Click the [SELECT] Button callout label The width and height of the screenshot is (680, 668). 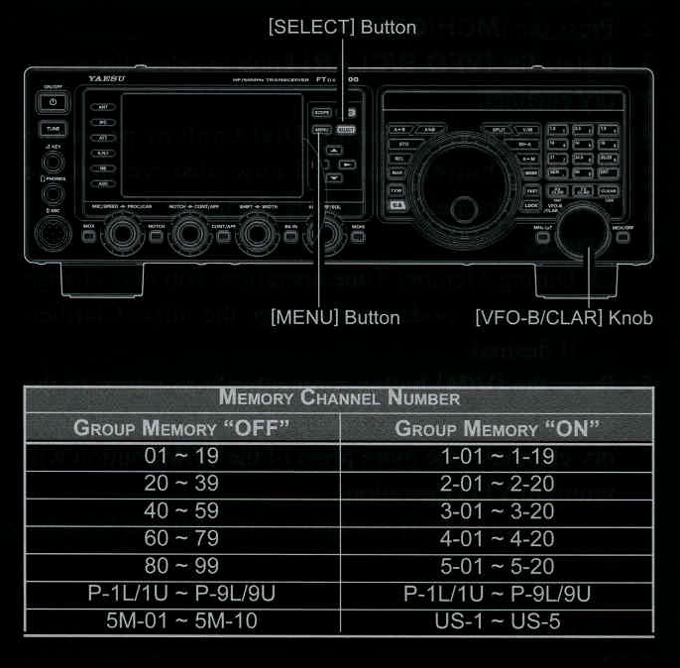point(342,27)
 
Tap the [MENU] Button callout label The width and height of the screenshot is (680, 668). point(335,318)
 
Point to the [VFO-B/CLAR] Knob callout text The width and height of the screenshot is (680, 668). point(563,318)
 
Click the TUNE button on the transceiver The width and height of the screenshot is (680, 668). point(53,129)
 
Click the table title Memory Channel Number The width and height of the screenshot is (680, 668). point(339,398)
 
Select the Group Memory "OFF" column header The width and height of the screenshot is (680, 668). point(181,428)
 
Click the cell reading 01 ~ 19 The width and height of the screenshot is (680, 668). point(181,457)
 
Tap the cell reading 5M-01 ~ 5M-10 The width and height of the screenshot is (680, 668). point(181,621)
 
